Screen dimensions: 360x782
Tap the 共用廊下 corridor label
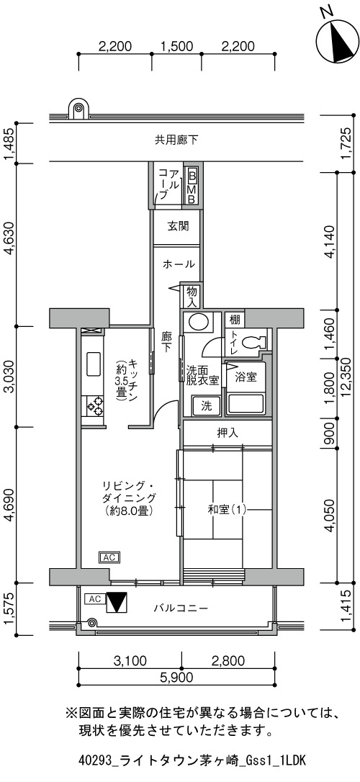[x=176, y=140]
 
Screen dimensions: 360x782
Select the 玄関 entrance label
[x=178, y=226]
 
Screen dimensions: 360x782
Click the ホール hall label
[x=178, y=264]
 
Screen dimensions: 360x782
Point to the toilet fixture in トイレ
[x=254, y=341]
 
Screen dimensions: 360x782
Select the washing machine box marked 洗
[x=206, y=405]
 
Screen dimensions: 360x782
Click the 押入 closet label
[x=228, y=433]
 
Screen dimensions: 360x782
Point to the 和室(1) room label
[x=228, y=510]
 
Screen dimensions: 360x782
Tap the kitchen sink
[x=94, y=365]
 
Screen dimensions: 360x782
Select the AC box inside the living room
[x=109, y=557]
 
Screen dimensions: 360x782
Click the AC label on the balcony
[x=95, y=598]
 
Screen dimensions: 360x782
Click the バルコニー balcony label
[x=180, y=608]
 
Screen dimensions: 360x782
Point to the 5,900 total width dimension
[x=177, y=677]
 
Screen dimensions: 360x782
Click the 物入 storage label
[x=192, y=296]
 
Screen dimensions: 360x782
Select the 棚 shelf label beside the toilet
[x=233, y=319]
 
